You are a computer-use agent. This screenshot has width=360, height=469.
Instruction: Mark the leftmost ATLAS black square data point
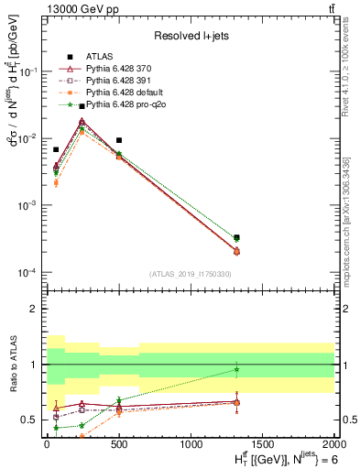pos(56,149)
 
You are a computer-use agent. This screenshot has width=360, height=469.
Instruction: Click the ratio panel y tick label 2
pos(35,309)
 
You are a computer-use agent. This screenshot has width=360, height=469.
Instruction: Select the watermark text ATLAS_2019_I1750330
pos(190,274)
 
